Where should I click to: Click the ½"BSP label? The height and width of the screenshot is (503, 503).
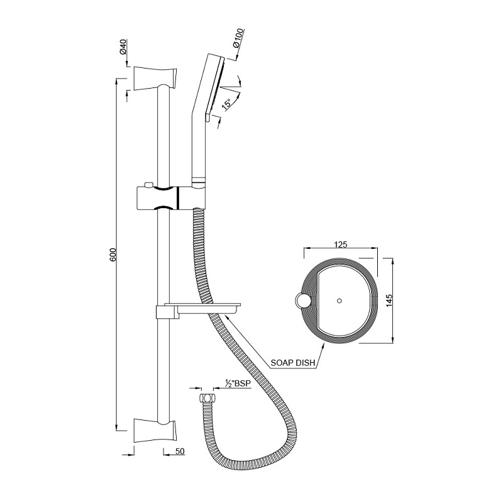click(x=237, y=383)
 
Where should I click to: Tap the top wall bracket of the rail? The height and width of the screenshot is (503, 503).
click(x=155, y=77)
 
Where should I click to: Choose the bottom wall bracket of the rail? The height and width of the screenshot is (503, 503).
click(x=155, y=430)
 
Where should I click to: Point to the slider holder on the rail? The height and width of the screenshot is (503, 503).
click(x=170, y=197)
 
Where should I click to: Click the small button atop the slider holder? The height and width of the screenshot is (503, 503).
click(x=148, y=185)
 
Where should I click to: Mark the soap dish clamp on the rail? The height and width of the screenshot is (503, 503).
click(x=164, y=312)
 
